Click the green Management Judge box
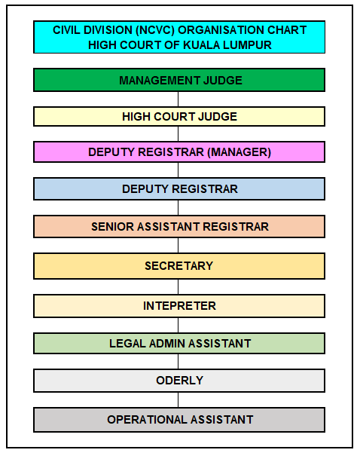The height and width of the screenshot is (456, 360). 179,80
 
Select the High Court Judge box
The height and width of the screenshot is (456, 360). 179,117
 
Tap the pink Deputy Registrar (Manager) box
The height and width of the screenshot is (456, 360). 179,152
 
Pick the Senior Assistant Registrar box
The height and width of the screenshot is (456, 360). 179,227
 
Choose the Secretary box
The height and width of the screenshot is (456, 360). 179,266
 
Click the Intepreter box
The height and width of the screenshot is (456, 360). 179,306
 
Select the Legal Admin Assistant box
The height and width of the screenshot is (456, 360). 179,344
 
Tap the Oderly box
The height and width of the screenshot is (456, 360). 179,381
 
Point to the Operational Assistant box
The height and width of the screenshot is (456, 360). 179,420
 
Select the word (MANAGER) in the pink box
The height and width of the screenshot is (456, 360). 239,152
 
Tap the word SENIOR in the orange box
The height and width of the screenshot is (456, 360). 112,227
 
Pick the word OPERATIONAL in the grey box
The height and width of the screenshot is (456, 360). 147,420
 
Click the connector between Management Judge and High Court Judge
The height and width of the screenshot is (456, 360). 178,99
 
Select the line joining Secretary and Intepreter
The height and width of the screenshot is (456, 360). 178,287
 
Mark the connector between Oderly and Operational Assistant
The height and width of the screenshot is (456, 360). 178,400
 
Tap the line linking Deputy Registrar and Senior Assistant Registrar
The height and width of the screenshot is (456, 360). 178,208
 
